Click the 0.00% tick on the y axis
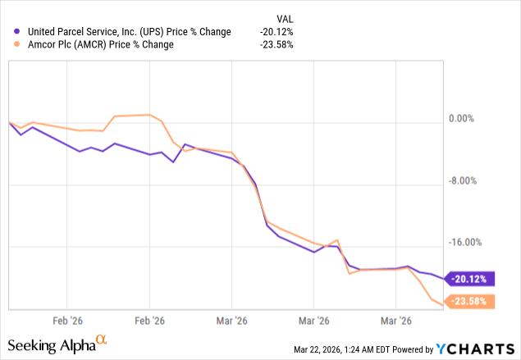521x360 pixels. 461,119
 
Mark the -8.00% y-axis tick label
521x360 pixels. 460,181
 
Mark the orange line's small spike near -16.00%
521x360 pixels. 337,240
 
